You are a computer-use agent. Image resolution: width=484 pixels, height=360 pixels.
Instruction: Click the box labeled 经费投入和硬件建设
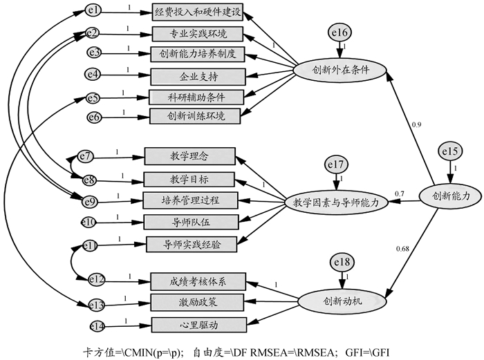pyautogui.click(x=198, y=12)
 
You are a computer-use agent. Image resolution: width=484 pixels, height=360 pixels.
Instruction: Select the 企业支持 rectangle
pyautogui.click(x=198, y=74)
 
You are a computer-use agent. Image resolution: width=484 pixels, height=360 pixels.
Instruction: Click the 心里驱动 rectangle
pyautogui.click(x=198, y=323)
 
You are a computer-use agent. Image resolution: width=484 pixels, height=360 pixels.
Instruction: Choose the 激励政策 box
pyautogui.click(x=198, y=302)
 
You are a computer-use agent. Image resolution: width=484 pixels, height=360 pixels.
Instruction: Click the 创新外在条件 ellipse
pyautogui.click(x=339, y=70)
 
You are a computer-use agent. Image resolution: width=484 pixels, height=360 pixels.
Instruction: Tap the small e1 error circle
pyautogui.click(x=95, y=10)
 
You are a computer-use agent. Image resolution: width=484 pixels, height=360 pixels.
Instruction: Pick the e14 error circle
pyautogui.click(x=97, y=325)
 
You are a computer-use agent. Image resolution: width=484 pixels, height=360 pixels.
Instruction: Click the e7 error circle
pyautogui.click(x=86, y=156)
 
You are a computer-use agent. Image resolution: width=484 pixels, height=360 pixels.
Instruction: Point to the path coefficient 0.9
pyautogui.click(x=416, y=124)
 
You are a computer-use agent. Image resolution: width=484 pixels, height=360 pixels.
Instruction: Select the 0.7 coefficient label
pyautogui.click(x=400, y=193)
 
